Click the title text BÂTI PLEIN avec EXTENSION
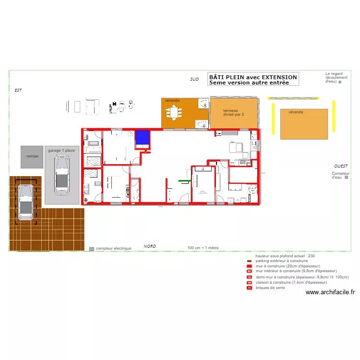point(253,77)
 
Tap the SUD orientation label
point(194,79)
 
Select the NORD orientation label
point(150,246)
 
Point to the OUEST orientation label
point(341,166)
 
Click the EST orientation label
point(18,90)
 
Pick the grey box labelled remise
point(32,156)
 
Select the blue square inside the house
point(142,137)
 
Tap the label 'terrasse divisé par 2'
point(234,112)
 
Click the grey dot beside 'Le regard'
point(340,82)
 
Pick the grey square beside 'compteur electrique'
point(92,249)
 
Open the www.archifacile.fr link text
point(330,292)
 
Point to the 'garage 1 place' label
point(61,150)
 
